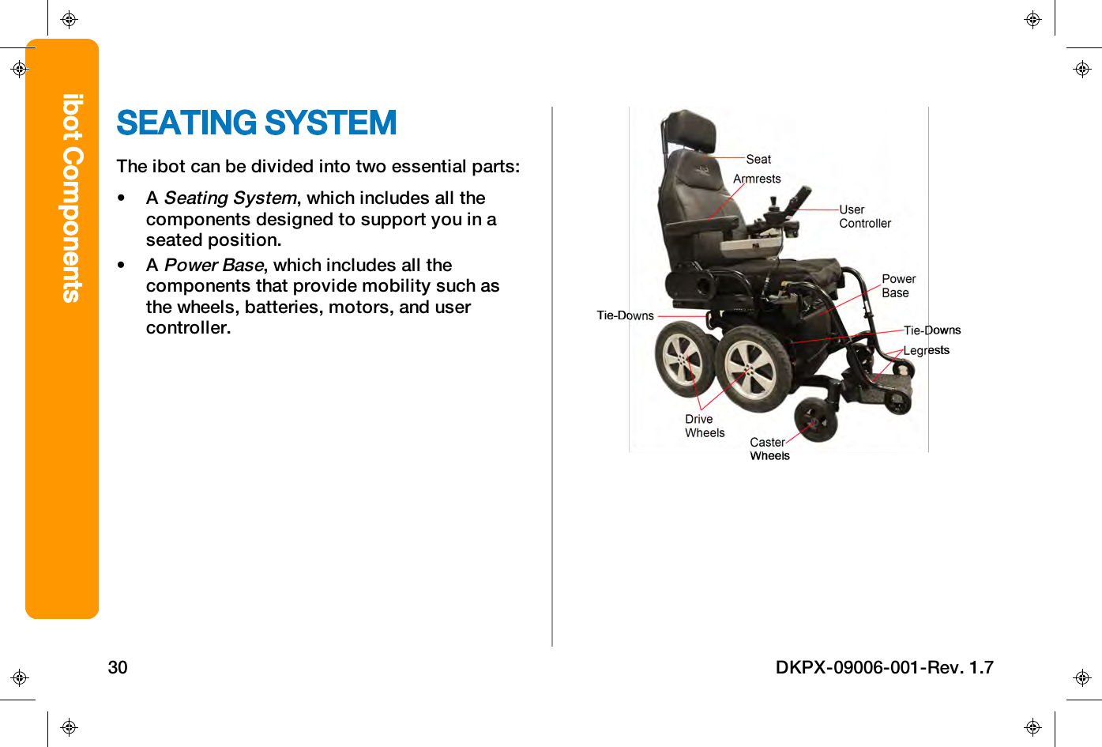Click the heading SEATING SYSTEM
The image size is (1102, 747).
click(256, 123)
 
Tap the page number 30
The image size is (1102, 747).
click(118, 667)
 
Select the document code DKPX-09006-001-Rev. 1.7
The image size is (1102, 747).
click(884, 667)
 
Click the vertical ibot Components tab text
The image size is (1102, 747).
click(72, 198)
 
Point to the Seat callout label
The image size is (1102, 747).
click(758, 160)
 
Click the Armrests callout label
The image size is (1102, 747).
click(757, 179)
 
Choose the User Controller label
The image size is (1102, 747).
click(864, 217)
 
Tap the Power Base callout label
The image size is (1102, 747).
click(898, 286)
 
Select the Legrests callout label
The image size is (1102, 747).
click(926, 350)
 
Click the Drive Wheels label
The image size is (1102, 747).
click(704, 426)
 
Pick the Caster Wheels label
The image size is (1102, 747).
click(769, 449)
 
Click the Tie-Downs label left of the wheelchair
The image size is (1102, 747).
click(625, 315)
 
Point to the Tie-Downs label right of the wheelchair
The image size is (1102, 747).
click(932, 330)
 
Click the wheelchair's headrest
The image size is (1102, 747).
click(690, 130)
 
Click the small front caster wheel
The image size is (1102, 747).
click(816, 420)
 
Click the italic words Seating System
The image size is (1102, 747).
click(230, 198)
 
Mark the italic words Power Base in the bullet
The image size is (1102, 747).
click(213, 265)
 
